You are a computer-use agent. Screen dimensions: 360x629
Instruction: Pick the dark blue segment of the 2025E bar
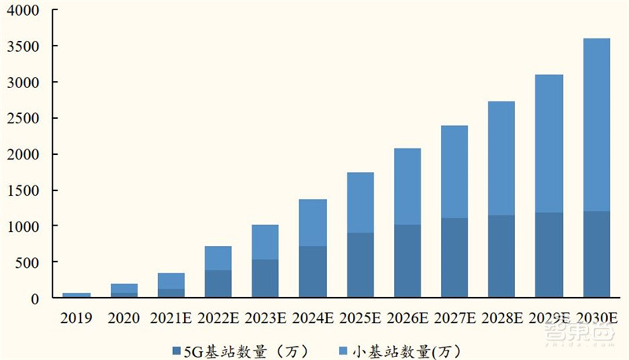click(x=360, y=265)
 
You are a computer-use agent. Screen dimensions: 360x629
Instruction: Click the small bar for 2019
click(x=76, y=296)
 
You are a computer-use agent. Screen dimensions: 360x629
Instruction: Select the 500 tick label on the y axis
click(x=31, y=263)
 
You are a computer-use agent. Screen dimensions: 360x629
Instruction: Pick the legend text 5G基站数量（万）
click(x=245, y=349)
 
